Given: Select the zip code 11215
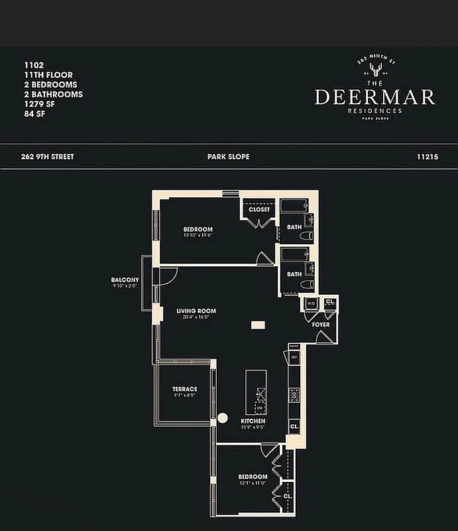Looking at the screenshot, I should click(x=429, y=157).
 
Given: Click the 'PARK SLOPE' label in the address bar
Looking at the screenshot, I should click(x=228, y=157).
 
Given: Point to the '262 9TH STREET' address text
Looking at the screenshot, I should click(x=48, y=157).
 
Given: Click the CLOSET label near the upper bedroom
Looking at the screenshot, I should click(x=259, y=210).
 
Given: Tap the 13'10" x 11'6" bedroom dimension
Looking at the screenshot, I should click(x=198, y=237).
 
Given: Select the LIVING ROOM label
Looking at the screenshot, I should click(x=196, y=311).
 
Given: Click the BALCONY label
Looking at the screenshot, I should click(x=125, y=280).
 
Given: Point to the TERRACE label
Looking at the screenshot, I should click(x=185, y=389).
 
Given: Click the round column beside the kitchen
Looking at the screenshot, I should click(x=223, y=418).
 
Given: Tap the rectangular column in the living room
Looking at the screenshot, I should click(x=257, y=325).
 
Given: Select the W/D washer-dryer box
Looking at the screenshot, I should click(x=310, y=304).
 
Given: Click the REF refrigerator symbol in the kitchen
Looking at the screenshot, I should click(x=294, y=357).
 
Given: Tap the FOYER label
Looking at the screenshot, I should click(x=321, y=325).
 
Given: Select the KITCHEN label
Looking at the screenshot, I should click(x=253, y=421).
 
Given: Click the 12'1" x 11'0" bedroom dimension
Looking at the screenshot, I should click(x=253, y=484).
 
